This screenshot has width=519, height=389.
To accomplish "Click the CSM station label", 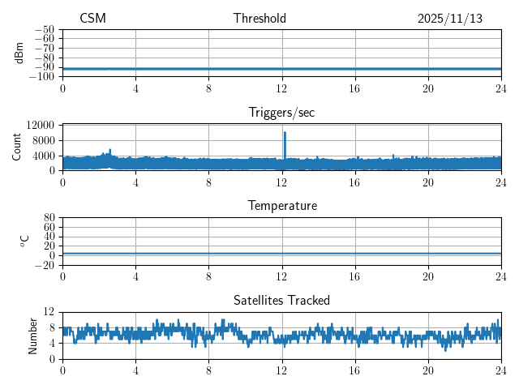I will [x=92, y=19].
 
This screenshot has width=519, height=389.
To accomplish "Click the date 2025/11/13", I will [x=450, y=19].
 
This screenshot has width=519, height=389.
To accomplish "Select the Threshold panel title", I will [x=259, y=19].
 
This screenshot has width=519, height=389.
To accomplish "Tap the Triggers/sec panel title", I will [x=281, y=113].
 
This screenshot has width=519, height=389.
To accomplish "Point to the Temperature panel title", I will [x=281, y=206].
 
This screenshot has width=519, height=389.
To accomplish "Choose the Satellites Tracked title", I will [x=281, y=300].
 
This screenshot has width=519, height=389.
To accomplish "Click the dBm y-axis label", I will [x=19, y=53].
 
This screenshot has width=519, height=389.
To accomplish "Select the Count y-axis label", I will [x=18, y=147].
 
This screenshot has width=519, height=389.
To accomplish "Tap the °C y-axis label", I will [x=24, y=241].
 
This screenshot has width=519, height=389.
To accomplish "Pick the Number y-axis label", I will [x=33, y=335].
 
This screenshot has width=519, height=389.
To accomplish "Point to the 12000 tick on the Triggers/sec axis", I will [x=40, y=125].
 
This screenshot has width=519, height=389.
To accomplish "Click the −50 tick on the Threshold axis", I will [x=45, y=29].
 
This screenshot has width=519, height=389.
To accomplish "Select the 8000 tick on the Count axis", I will [x=43, y=140].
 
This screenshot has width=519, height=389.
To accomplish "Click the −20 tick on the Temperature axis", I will [x=45, y=265].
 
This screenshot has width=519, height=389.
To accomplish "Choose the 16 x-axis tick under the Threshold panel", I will [x=355, y=88].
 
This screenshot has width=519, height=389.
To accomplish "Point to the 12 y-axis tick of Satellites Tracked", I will [x=49, y=312].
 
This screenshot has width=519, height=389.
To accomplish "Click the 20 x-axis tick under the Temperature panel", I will [x=428, y=276].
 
